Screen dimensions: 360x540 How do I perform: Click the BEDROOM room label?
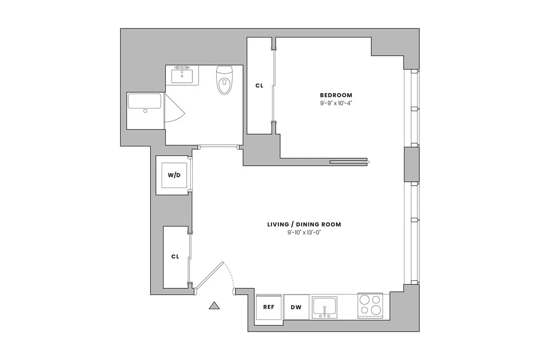click(336, 95)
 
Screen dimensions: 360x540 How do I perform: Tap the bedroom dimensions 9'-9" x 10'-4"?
click(336, 103)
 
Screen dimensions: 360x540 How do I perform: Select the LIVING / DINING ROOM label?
click(304, 225)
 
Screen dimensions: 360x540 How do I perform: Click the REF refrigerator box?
click(269, 307)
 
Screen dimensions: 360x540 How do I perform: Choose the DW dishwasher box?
click(296, 307)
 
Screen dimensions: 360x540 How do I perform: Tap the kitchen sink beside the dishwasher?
click(324, 307)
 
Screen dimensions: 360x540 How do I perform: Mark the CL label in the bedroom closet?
click(259, 86)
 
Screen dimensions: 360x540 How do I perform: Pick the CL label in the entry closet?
click(175, 256)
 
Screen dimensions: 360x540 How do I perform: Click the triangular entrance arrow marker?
click(215, 306)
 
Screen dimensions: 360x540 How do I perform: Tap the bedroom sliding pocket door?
click(349, 161)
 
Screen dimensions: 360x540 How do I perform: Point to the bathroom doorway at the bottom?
click(218, 147)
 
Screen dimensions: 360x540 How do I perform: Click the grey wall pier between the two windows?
click(412, 164)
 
